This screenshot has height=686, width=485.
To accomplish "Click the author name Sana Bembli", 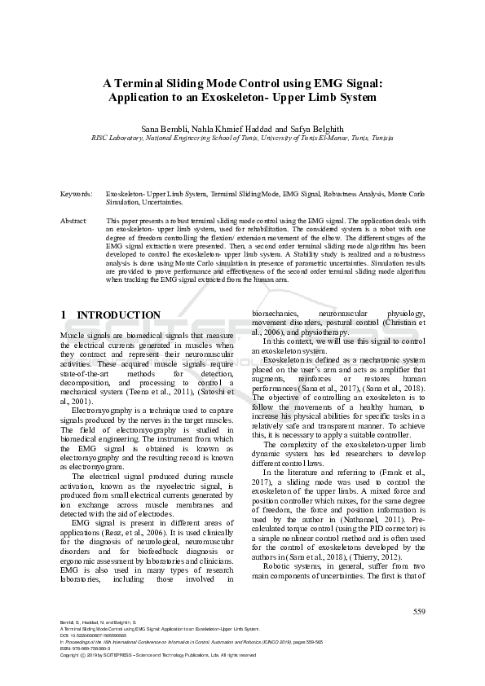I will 165,129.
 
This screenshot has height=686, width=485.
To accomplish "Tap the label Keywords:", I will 77,194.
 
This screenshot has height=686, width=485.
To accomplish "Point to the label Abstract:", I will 75,221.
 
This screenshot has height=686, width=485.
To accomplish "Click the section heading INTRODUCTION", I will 118,315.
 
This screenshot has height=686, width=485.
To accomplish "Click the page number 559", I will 419,612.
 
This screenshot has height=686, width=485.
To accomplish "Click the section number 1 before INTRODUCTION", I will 64,315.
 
